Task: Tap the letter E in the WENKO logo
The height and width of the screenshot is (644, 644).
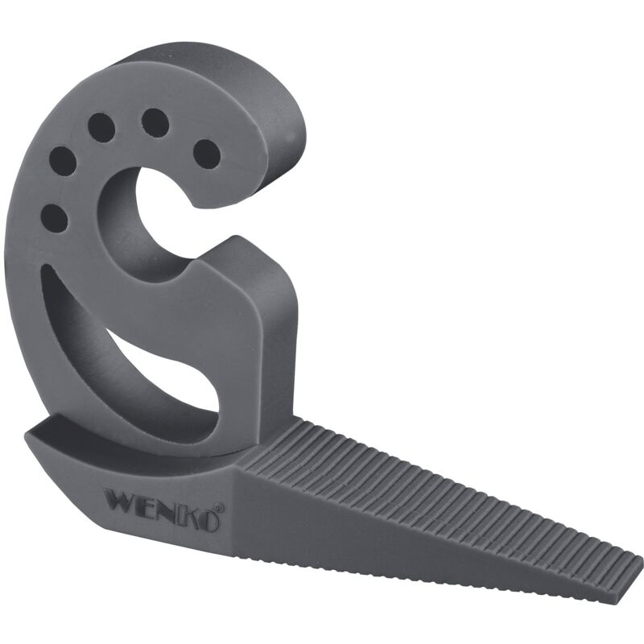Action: pos(142,505)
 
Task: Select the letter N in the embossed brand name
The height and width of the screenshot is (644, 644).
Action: pos(163,510)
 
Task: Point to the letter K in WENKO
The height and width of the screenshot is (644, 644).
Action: pos(186,514)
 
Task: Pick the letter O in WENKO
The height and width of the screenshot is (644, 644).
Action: pos(208,519)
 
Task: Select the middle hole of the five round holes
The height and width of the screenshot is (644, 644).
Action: pos(101,127)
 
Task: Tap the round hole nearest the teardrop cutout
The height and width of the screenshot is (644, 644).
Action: pos(53,217)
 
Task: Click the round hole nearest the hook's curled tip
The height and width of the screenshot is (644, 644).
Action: pos(207,154)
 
